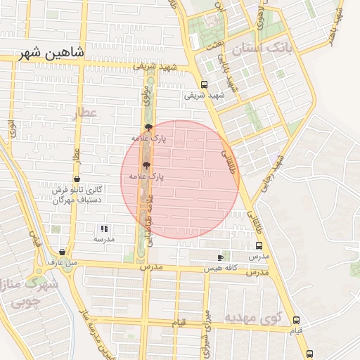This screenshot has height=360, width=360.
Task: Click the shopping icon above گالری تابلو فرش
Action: (76, 179)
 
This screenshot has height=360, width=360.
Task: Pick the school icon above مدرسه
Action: (104, 229)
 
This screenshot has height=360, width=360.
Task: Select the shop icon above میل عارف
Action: (63, 252)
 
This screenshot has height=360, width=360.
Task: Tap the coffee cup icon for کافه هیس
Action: (224, 257)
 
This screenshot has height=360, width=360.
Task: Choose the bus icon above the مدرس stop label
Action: (259, 247)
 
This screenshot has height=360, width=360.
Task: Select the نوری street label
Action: (12, 129)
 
